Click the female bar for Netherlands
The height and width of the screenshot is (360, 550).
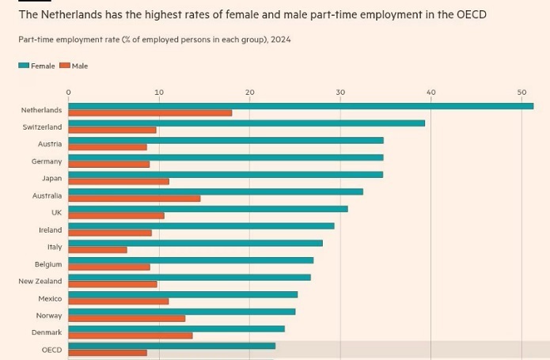tap(301, 106)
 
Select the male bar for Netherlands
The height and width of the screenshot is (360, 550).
tap(150, 113)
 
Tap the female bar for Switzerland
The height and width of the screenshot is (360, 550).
tap(246, 123)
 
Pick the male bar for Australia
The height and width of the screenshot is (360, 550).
tap(135, 199)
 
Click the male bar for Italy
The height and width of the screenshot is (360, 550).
tap(97, 250)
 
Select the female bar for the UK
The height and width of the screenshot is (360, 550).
tap(208, 209)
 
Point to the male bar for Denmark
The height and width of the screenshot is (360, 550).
tap(131, 335)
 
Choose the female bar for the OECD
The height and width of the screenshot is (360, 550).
tap(172, 346)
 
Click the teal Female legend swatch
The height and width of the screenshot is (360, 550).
tap(24, 66)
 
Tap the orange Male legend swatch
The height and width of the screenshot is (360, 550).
tap(65, 66)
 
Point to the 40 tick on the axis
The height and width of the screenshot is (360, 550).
tap(431, 93)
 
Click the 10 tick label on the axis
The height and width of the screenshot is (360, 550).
tap(159, 93)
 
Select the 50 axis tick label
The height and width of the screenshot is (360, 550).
tap(522, 93)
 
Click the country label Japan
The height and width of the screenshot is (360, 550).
tap(51, 179)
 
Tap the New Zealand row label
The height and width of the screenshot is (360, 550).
tap(40, 282)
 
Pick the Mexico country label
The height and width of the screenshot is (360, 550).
tap(49, 299)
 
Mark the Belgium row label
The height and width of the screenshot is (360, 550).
tap(47, 264)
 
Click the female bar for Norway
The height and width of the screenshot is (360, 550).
tap(182, 312)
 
